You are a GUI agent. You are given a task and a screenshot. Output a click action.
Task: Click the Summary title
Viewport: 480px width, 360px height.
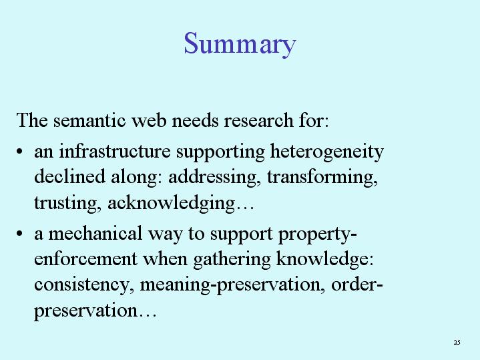coord(240,45)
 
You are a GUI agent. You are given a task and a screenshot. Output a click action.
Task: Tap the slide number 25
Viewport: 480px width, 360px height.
coord(457,342)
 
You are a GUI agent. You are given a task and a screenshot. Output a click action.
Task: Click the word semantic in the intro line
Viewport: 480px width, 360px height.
coord(89,120)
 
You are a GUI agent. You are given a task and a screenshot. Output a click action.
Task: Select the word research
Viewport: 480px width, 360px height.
coord(258,120)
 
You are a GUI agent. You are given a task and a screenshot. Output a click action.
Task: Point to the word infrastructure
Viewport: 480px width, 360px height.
coord(114,151)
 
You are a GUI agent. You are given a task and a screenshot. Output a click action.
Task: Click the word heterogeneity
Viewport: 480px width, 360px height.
coord(326,152)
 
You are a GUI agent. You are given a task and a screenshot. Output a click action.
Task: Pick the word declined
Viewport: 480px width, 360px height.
coord(69,176)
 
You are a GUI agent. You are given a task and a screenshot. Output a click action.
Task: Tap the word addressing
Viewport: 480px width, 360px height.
coord(213,178)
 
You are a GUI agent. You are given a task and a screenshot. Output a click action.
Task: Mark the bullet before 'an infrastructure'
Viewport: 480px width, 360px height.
coord(19,152)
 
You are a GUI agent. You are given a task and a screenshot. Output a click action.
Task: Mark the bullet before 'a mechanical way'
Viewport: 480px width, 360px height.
coord(19,234)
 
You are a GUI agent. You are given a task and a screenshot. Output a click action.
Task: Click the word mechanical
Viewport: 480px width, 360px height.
coord(95,233)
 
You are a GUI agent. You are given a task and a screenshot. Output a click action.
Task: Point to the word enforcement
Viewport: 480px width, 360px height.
coord(85,259)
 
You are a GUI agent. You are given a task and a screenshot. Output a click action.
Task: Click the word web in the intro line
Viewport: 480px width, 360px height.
coord(149,120)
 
